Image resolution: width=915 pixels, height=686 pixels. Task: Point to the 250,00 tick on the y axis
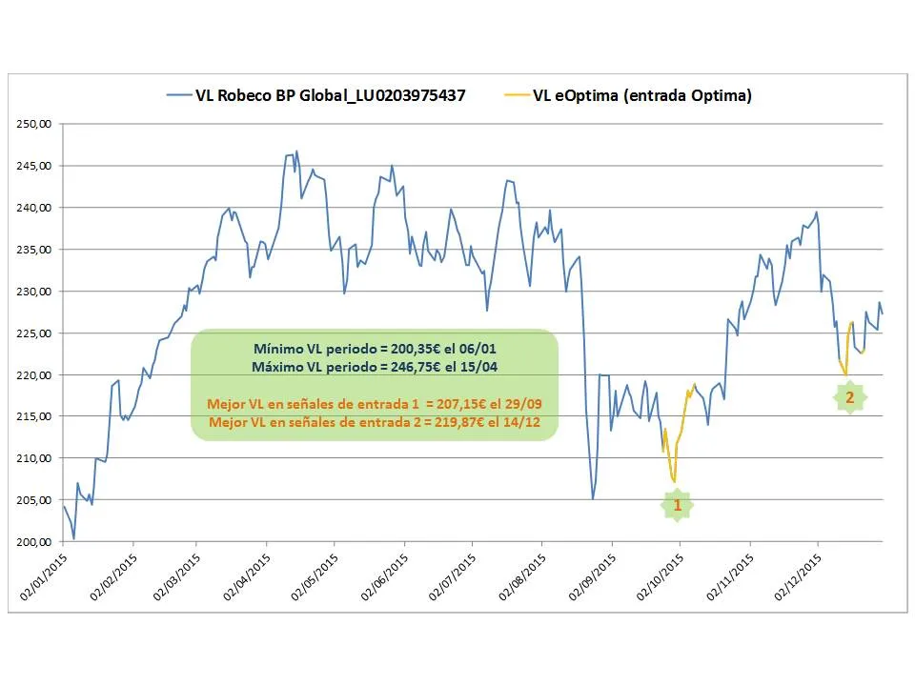(36, 124)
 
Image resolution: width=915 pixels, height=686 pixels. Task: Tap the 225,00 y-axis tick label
(36, 333)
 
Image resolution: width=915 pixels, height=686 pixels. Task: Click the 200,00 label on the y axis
(36, 542)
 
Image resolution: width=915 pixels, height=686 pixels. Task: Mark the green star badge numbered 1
(678, 505)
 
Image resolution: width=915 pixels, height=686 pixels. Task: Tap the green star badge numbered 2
(849, 397)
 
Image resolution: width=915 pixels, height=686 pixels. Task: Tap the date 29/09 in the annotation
(533, 404)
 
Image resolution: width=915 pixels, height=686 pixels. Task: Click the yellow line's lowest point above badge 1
(674, 481)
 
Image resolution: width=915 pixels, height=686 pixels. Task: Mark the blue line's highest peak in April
(296, 151)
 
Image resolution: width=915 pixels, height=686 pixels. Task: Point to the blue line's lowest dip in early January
(73, 538)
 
